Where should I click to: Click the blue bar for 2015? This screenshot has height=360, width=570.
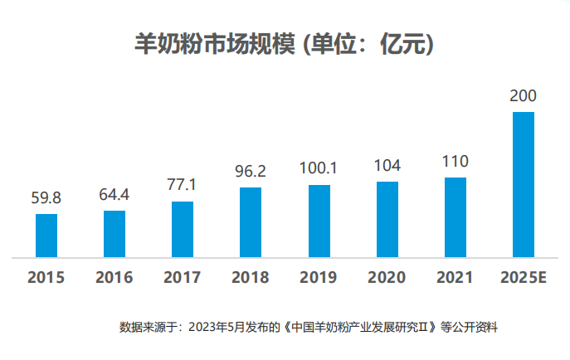click(46, 236)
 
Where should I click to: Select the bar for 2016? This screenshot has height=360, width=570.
click(114, 234)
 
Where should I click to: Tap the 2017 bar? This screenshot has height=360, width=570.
click(183, 229)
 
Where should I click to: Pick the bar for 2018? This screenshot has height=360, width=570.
click(251, 222)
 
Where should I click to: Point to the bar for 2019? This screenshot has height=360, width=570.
click(319, 221)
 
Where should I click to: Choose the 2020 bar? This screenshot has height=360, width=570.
click(387, 219)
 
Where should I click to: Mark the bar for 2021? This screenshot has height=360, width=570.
click(456, 217)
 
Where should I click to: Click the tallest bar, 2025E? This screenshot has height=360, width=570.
click(524, 184)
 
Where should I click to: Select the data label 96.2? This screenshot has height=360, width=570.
click(251, 171)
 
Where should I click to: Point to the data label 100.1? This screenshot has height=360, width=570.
click(319, 168)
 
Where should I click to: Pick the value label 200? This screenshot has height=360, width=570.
click(524, 96)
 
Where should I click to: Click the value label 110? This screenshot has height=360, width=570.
click(456, 161)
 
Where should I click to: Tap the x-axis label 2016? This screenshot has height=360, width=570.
click(114, 277)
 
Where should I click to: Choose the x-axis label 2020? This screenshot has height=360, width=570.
click(387, 277)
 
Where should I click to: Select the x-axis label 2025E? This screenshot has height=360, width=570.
click(524, 277)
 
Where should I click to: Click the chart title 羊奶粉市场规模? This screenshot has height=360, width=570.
click(214, 44)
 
